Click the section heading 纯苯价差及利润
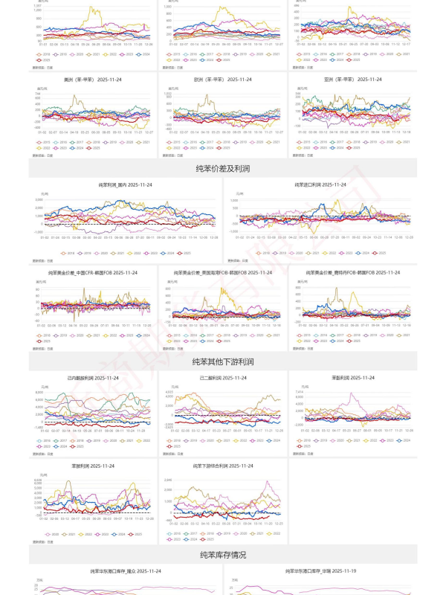click(x=222, y=169)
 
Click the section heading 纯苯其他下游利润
click(x=222, y=361)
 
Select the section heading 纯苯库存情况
click(x=222, y=555)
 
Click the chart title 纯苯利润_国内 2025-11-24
click(x=125, y=184)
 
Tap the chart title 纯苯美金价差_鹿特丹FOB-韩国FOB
click(x=353, y=273)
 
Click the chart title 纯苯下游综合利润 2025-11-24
click(x=223, y=466)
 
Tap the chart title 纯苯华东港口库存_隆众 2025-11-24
click(x=125, y=570)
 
